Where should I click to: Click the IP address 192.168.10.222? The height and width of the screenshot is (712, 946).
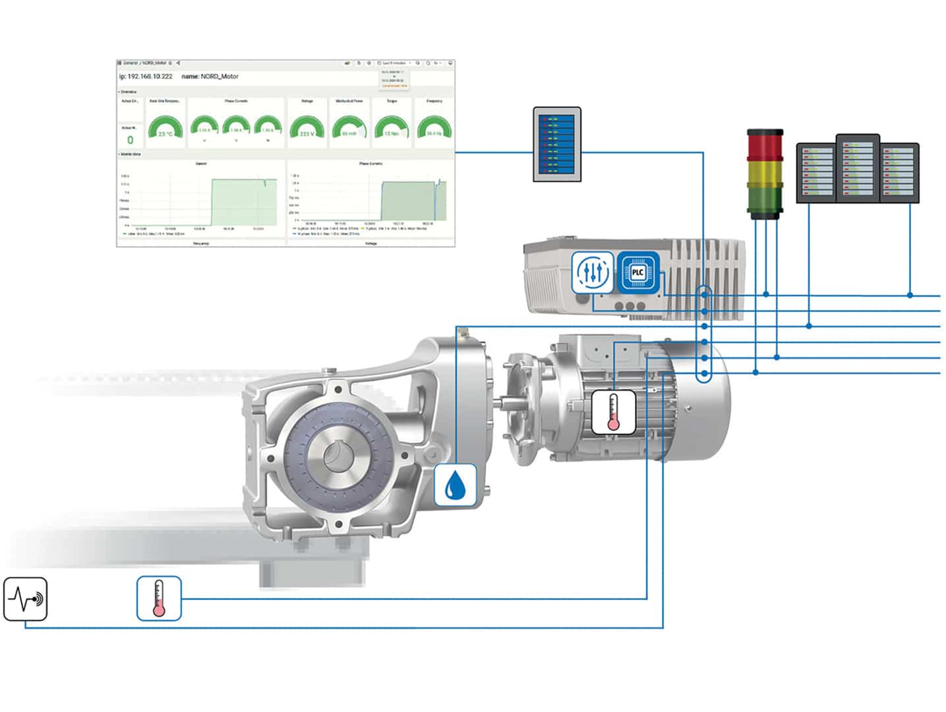click(x=146, y=76)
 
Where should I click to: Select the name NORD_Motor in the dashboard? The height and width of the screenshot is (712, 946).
click(x=210, y=76)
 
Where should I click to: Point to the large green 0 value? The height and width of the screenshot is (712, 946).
click(x=130, y=140)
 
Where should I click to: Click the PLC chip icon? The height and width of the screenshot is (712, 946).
click(x=637, y=272)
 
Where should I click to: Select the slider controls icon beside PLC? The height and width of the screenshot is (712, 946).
click(x=592, y=272)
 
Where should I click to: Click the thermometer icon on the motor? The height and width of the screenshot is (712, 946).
click(x=613, y=412)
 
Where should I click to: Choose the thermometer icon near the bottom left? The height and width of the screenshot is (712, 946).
click(x=159, y=599)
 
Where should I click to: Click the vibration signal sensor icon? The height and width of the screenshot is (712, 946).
click(x=26, y=599)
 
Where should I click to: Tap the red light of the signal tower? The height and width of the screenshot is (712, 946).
click(x=765, y=145)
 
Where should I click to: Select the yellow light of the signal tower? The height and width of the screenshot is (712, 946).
click(x=765, y=173)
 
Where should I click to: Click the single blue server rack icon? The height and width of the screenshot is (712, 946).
click(x=557, y=144)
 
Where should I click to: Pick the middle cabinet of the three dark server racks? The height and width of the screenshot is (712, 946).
click(x=857, y=168)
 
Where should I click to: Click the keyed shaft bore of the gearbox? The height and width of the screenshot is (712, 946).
click(x=340, y=458)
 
